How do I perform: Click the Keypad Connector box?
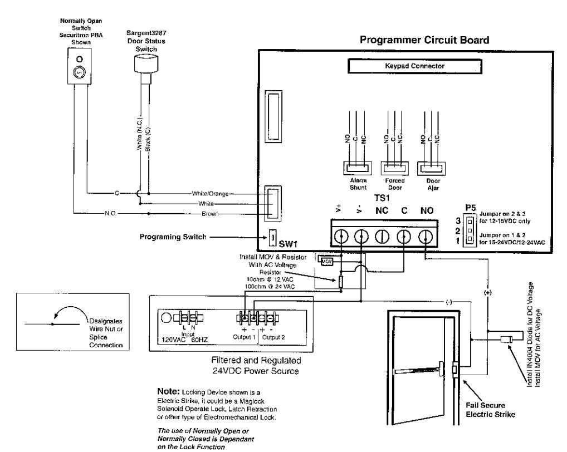coord(415,66)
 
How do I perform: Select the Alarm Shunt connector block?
coord(358,168)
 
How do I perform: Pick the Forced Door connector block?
coord(394,168)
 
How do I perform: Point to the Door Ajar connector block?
coord(432,168)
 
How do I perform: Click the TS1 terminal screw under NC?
coord(382,237)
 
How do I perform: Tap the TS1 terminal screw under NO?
coord(426,237)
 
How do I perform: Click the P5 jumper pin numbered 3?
coord(470,221)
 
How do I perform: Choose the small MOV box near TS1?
coord(326,261)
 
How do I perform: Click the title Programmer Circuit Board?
coord(424,40)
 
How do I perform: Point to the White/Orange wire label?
coord(210,194)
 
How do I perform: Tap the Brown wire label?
coord(210,214)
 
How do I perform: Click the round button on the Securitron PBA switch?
coord(79,72)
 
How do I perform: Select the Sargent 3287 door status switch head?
coord(146,63)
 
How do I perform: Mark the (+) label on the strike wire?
coord(487,293)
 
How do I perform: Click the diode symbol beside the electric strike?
coord(506,339)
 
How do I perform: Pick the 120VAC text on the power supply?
coord(174,340)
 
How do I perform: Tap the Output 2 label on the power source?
coord(273,337)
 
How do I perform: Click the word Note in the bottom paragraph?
coord(168,391)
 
